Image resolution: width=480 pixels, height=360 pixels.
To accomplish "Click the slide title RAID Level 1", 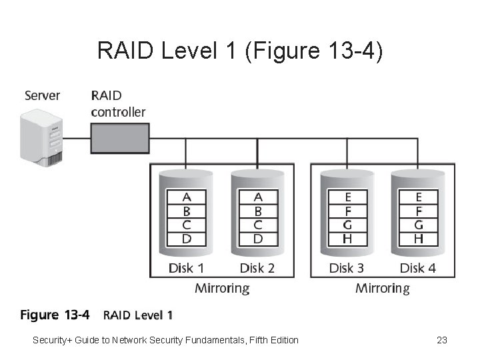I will (239, 51).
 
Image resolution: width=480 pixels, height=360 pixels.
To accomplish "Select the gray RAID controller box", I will (119, 139).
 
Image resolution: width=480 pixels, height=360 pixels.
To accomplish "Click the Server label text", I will (42, 95).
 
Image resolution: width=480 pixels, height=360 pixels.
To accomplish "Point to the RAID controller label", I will (118, 103).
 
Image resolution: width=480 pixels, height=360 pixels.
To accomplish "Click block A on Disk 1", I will (187, 197).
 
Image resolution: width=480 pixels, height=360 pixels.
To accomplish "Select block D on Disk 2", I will (258, 239).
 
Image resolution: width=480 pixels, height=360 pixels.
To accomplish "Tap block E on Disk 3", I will (347, 197).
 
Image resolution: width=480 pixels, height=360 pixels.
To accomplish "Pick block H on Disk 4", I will (418, 239).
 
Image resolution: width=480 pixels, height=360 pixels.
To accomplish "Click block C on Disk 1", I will (187, 225).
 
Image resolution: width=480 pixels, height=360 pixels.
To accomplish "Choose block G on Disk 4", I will (418, 225).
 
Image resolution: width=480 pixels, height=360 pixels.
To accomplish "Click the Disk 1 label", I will (186, 268).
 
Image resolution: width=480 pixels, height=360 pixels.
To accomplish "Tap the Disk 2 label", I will (257, 268).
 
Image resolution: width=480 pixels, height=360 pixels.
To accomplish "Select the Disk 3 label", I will (347, 268).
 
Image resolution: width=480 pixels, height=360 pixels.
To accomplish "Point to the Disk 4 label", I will (417, 268).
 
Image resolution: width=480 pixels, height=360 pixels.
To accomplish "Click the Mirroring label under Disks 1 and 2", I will (222, 289).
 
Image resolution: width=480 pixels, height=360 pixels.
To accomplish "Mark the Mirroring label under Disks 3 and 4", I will (383, 289).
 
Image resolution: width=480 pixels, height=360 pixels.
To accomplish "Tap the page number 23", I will (441, 341).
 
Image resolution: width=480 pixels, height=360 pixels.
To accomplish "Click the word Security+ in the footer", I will (51, 341).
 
